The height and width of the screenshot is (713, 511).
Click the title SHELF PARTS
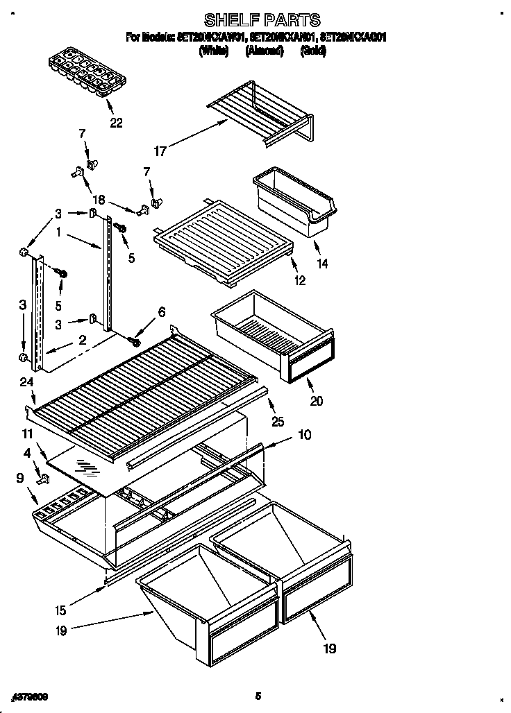(x=262, y=20)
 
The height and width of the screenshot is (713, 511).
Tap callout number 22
(x=115, y=123)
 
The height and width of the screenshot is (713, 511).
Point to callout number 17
(x=160, y=151)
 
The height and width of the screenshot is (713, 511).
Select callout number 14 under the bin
(x=321, y=264)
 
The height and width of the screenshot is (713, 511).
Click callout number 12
(x=299, y=281)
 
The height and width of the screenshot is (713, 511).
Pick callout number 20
(x=317, y=400)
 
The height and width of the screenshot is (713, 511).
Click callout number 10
(x=304, y=436)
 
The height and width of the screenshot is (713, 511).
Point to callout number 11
(x=27, y=433)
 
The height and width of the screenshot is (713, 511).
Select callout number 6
(x=162, y=313)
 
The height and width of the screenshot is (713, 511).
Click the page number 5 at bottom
(x=257, y=696)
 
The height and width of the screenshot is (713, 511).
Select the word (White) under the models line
(x=213, y=51)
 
